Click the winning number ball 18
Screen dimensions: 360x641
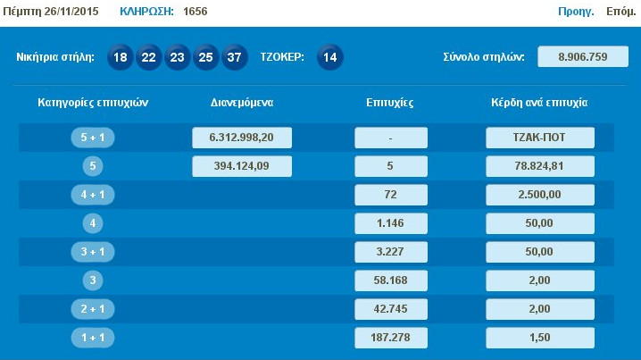coord(121,57)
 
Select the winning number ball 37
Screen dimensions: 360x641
coord(235,57)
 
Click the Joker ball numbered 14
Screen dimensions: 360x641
coord(329,57)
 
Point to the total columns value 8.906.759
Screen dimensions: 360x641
coord(582,57)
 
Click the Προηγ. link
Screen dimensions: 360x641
coord(576,13)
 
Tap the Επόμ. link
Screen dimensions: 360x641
coord(620,13)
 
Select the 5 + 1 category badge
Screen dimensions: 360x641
coord(93,138)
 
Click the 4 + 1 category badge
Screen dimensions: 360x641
coord(93,195)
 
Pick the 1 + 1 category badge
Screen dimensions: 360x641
coord(93,338)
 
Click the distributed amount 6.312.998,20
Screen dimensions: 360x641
coord(242,138)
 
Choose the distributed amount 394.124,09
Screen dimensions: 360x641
coord(242,166)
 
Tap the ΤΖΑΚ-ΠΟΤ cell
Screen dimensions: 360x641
coord(540,138)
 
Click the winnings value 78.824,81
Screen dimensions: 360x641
coord(540,166)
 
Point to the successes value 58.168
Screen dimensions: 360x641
coord(390,280)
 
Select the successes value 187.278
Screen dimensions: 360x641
coord(390,338)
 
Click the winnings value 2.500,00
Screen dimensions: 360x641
coord(540,195)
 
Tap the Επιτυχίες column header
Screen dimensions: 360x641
coord(390,103)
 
